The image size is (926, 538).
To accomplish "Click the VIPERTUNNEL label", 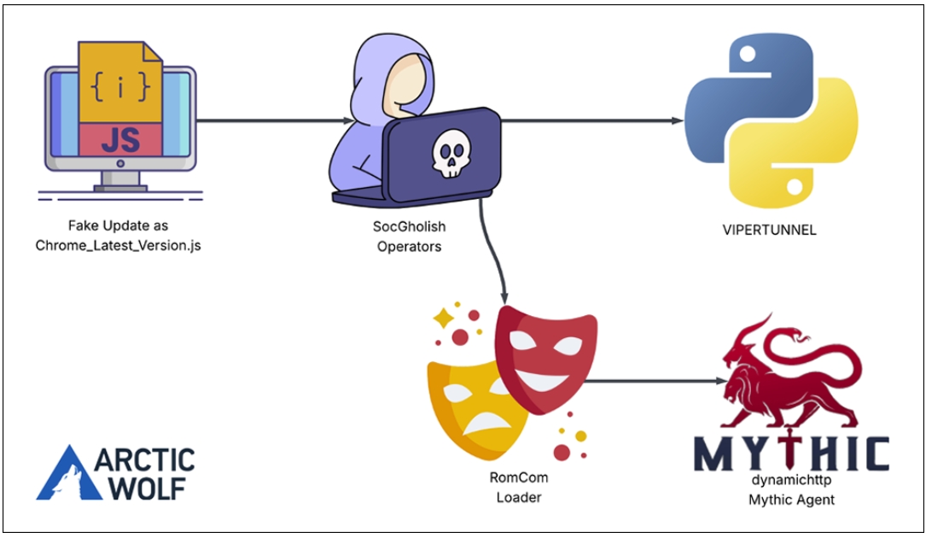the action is click(x=769, y=230).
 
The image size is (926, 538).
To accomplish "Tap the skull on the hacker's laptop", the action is click(x=451, y=154).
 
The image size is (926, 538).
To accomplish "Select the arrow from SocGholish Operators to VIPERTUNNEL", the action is click(x=591, y=120).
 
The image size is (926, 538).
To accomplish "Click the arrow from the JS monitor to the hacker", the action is click(x=275, y=120).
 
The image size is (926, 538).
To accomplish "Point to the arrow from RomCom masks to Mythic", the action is click(x=655, y=382).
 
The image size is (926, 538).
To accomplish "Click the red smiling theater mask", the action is click(x=545, y=359).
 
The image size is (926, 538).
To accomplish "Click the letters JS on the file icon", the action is click(x=120, y=140).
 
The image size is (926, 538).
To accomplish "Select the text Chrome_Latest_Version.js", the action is click(x=118, y=245).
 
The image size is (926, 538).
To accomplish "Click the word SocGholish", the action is click(x=409, y=226).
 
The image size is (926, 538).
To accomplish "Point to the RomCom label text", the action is click(x=519, y=477).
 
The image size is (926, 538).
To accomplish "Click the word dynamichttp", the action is click(x=791, y=479).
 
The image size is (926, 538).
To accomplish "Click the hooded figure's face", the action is click(x=405, y=83).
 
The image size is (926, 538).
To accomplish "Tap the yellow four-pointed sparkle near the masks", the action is click(x=444, y=318).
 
